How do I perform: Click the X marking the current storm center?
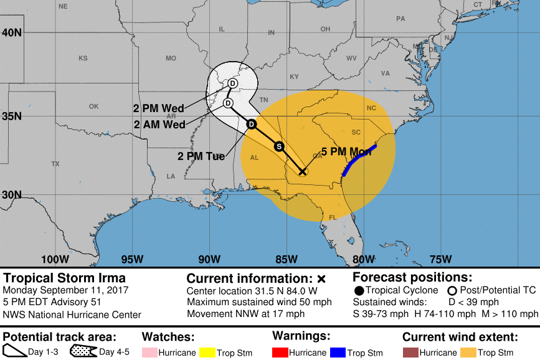coord(302,171)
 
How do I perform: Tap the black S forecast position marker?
coord(280,146)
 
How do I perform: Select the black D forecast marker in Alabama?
coord(251,124)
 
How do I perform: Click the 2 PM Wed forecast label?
coord(158,108)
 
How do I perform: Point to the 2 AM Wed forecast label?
coord(159,124)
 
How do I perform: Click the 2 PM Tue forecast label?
coord(201,156)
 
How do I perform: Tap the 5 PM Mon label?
coord(346,152)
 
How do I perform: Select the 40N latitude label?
coord(12,32)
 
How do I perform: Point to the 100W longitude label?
coord(55,259)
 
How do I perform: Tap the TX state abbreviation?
coord(55,164)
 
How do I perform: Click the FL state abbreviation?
coord(333,217)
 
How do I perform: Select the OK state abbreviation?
coord(93,107)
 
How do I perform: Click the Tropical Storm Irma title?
coord(64,278)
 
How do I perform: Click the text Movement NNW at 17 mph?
coord(245,314)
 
